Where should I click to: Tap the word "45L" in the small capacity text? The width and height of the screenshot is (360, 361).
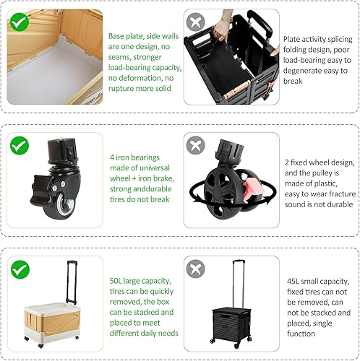pyautogui.click(x=292, y=281)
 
